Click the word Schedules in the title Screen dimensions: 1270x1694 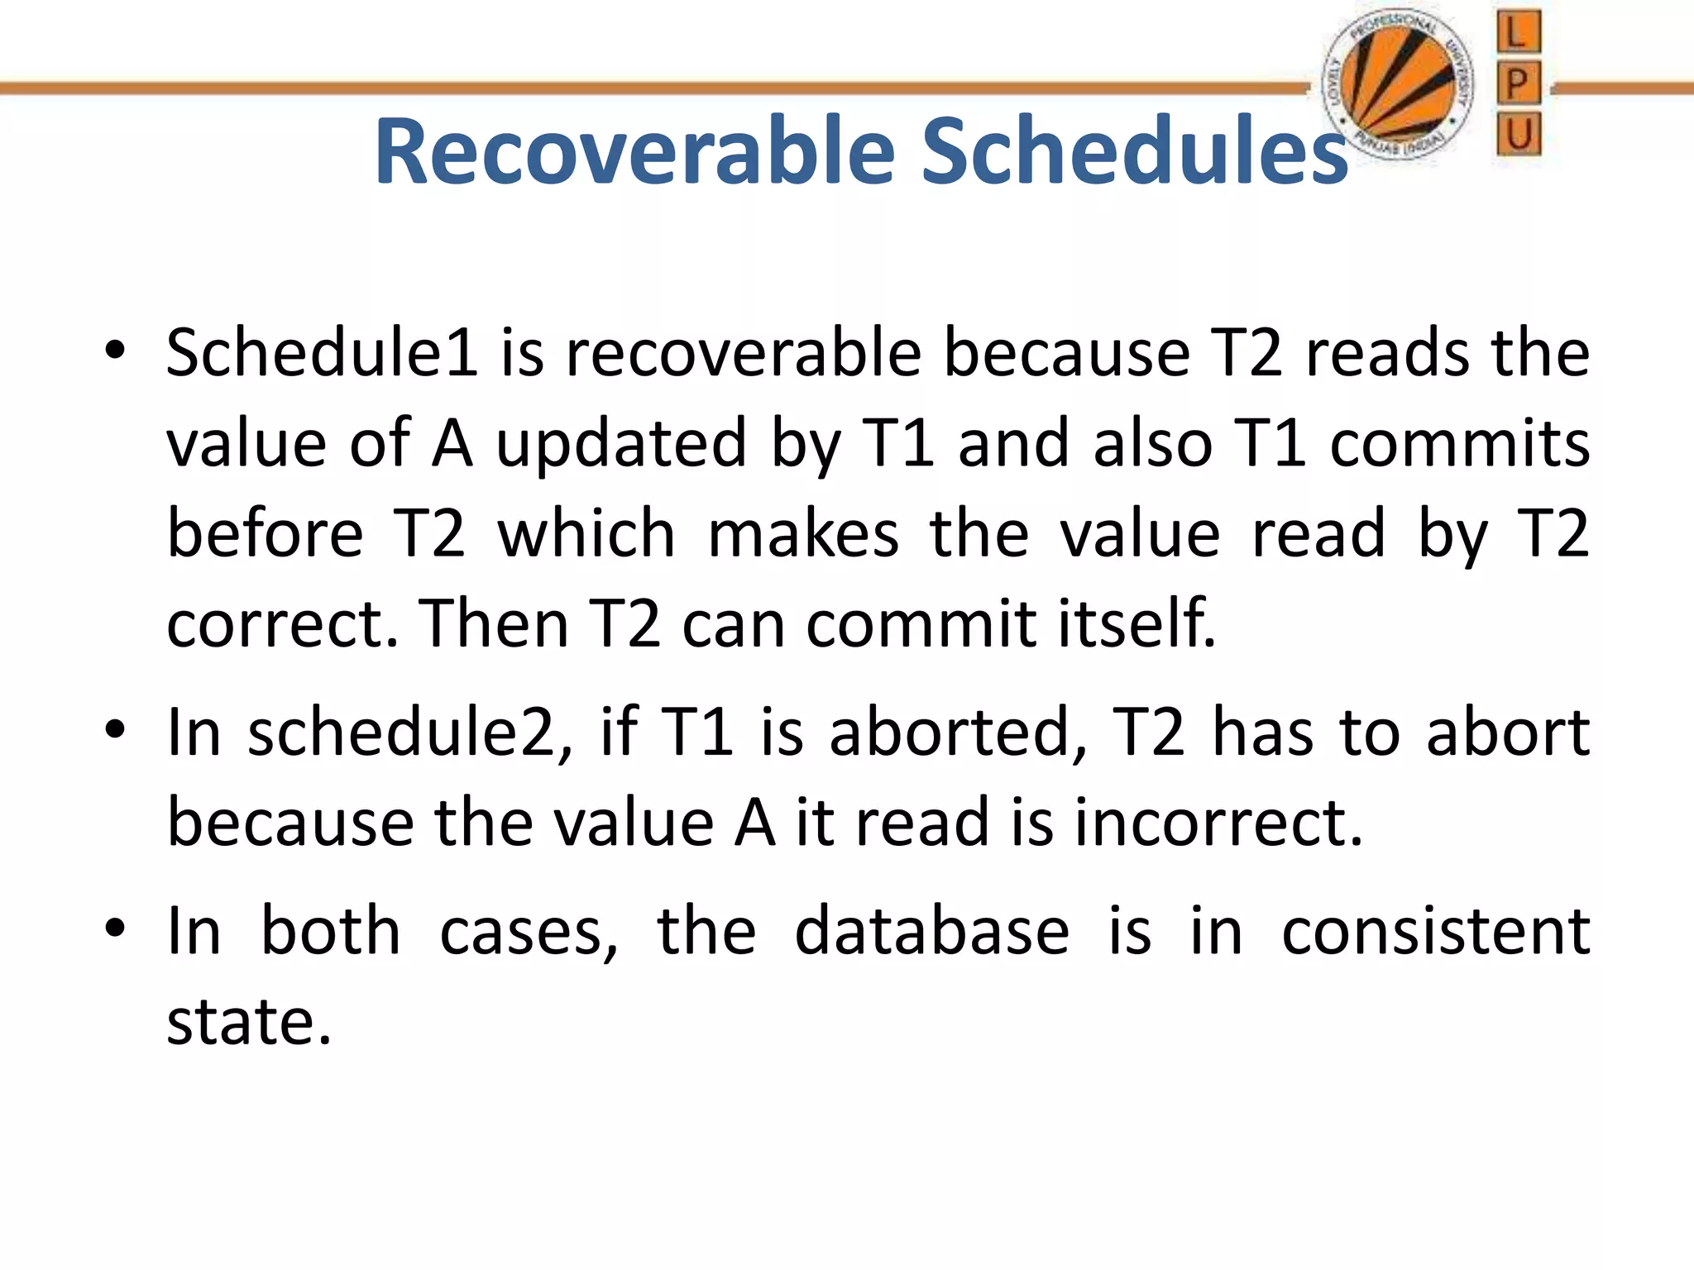click(1134, 151)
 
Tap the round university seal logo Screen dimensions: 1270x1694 click(1398, 86)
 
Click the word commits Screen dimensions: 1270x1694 click(1459, 444)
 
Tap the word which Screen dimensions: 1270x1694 click(586, 534)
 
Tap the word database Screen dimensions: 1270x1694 click(931, 932)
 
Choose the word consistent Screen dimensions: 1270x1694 click(1435, 932)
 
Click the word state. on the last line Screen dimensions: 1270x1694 click(248, 1022)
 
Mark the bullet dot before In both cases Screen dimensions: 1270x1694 click(115, 928)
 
